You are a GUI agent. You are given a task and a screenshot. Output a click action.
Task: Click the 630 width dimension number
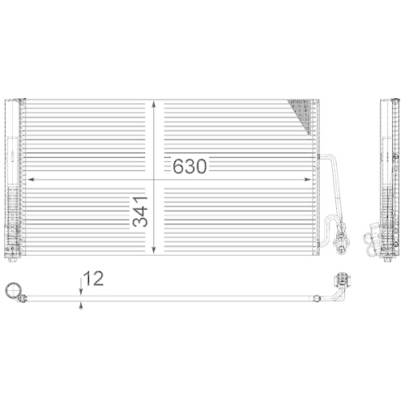[x=189, y=167]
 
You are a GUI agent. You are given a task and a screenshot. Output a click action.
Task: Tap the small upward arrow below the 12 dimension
[x=80, y=305]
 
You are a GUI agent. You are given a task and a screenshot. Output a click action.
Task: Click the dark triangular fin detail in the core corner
[x=302, y=113]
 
